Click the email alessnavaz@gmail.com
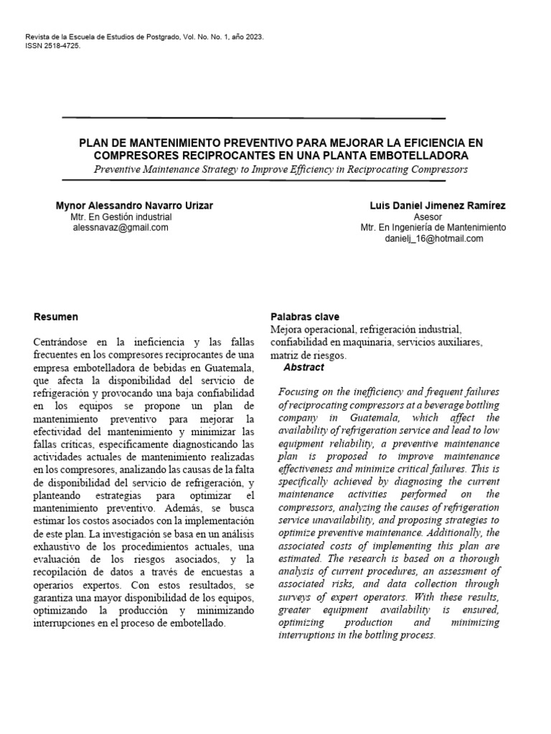click(121, 227)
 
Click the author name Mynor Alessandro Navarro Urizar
click(134, 205)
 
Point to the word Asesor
click(428, 216)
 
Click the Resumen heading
click(55, 316)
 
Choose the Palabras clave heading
click(305, 316)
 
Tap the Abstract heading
click(303, 367)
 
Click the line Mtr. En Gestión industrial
click(121, 216)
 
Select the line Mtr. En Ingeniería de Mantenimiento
click(433, 227)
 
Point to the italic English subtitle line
click(280, 169)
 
